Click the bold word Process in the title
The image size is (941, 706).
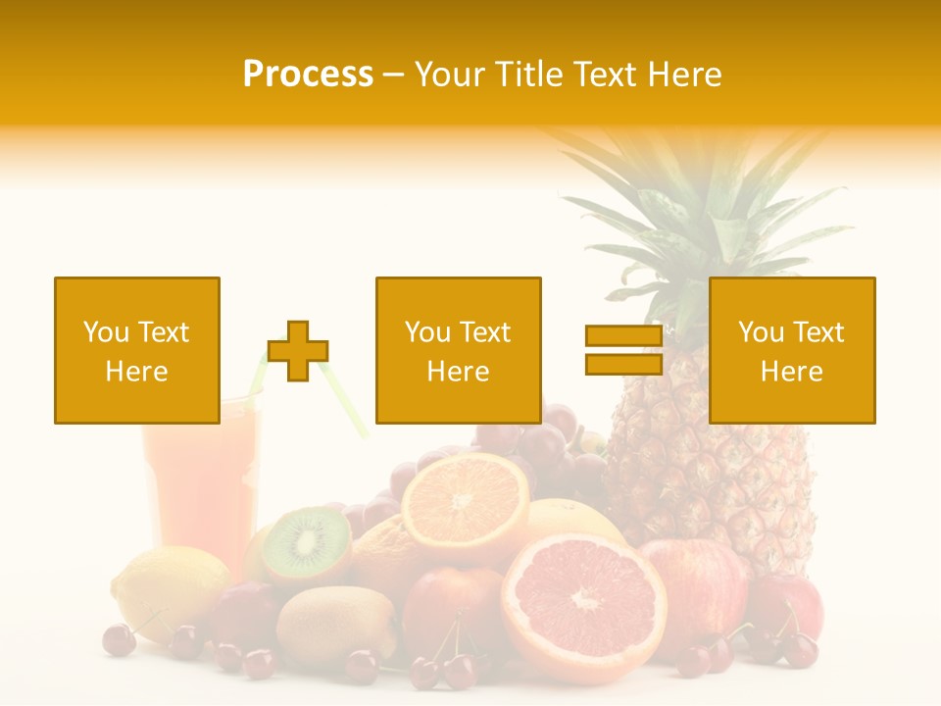point(308,75)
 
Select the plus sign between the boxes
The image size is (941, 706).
point(298,351)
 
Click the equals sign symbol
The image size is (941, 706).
point(623,350)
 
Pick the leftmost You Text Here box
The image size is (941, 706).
point(137,350)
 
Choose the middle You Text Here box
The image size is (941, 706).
point(459,350)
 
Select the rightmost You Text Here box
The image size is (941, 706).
point(792,350)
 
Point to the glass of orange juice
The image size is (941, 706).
point(201,480)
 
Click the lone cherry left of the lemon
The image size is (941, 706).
point(119,639)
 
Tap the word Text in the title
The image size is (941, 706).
point(604,75)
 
